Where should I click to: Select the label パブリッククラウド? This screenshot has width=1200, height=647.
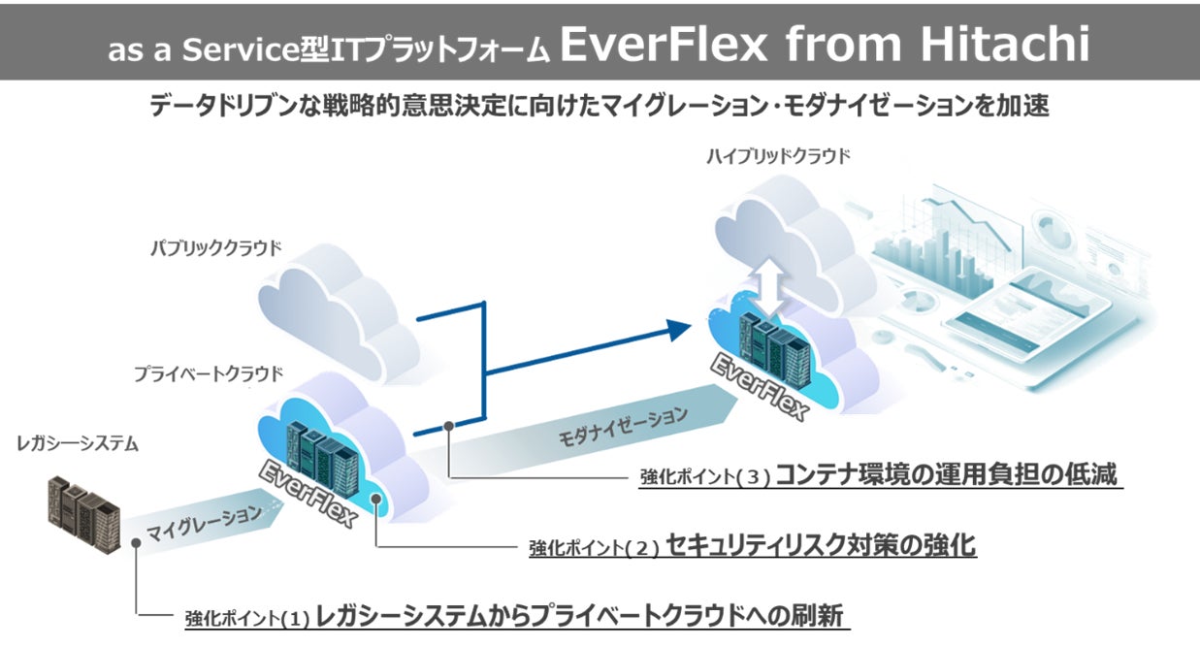215,247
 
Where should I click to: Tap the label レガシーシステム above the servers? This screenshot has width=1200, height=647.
78,444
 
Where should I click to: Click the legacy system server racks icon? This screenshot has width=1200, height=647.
83,510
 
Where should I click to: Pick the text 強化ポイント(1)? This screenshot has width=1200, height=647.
246,618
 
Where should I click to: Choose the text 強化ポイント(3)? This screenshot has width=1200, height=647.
704,477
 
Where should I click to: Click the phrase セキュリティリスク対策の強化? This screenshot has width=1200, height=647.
821,545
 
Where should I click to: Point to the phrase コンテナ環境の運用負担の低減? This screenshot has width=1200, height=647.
947,474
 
